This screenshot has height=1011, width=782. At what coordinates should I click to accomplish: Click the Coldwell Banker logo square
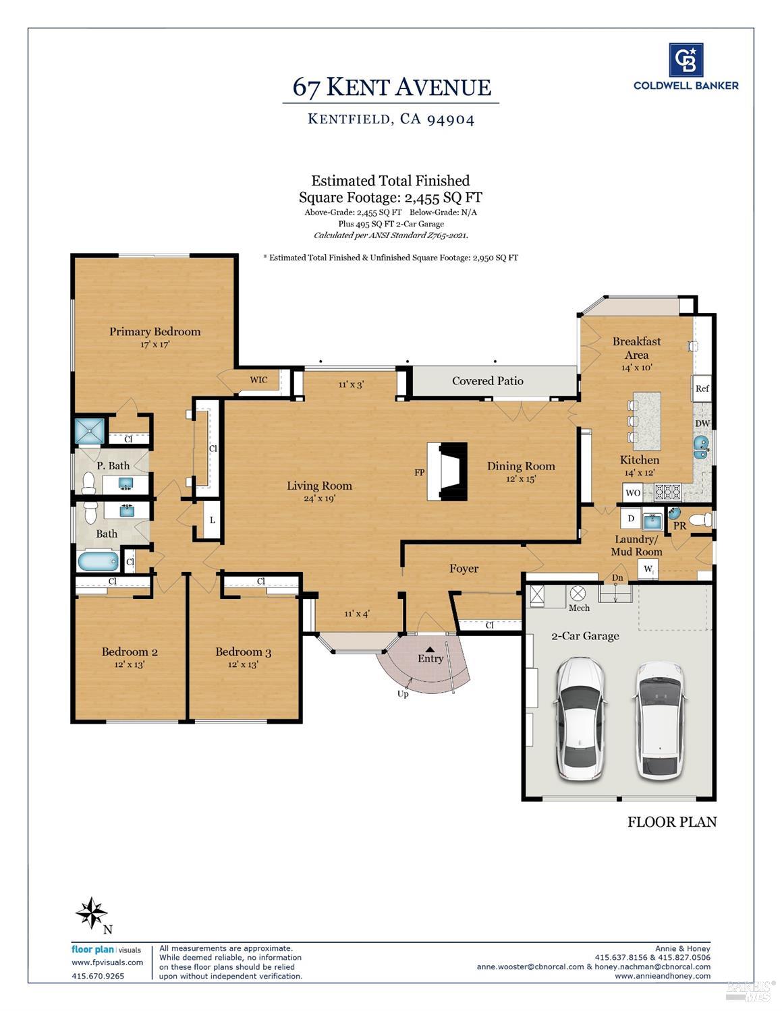tap(686, 59)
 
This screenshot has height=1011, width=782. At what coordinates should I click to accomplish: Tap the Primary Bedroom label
tap(155, 332)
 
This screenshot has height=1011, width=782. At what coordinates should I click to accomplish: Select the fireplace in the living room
tap(447, 471)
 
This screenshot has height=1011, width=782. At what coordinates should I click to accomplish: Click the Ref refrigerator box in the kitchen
tap(702, 388)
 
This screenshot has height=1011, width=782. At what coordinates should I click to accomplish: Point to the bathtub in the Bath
tap(98, 561)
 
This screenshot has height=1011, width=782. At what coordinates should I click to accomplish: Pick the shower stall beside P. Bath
tap(90, 431)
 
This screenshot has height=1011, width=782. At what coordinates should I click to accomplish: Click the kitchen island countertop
tap(647, 421)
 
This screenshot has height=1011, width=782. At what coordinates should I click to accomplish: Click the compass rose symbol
tap(92, 913)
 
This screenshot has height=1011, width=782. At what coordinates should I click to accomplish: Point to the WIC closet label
tap(259, 380)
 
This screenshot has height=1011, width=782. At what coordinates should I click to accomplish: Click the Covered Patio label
tap(487, 381)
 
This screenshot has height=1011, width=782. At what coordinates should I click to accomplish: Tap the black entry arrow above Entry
tap(430, 649)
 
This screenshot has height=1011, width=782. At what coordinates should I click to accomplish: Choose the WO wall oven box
tap(633, 493)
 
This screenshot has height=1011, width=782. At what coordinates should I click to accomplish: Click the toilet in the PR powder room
tap(700, 520)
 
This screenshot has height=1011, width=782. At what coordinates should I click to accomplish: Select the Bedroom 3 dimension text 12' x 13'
tap(243, 665)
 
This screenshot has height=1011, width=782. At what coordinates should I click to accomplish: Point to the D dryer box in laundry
tap(631, 518)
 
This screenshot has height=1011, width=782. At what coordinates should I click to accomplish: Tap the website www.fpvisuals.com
tap(107, 962)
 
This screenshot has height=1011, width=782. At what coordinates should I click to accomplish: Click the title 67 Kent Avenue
tap(391, 87)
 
